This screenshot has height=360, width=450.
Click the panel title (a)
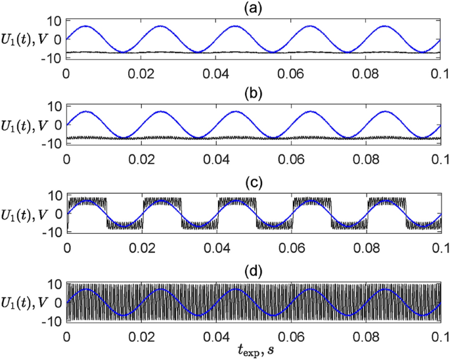point(253,8)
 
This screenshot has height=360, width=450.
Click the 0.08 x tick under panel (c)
point(365,248)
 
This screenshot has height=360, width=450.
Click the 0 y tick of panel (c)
point(58,213)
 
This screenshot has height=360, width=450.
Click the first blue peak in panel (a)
point(85,26)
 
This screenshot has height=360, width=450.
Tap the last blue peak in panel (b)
point(384,112)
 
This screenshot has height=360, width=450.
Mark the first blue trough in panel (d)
point(122,316)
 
